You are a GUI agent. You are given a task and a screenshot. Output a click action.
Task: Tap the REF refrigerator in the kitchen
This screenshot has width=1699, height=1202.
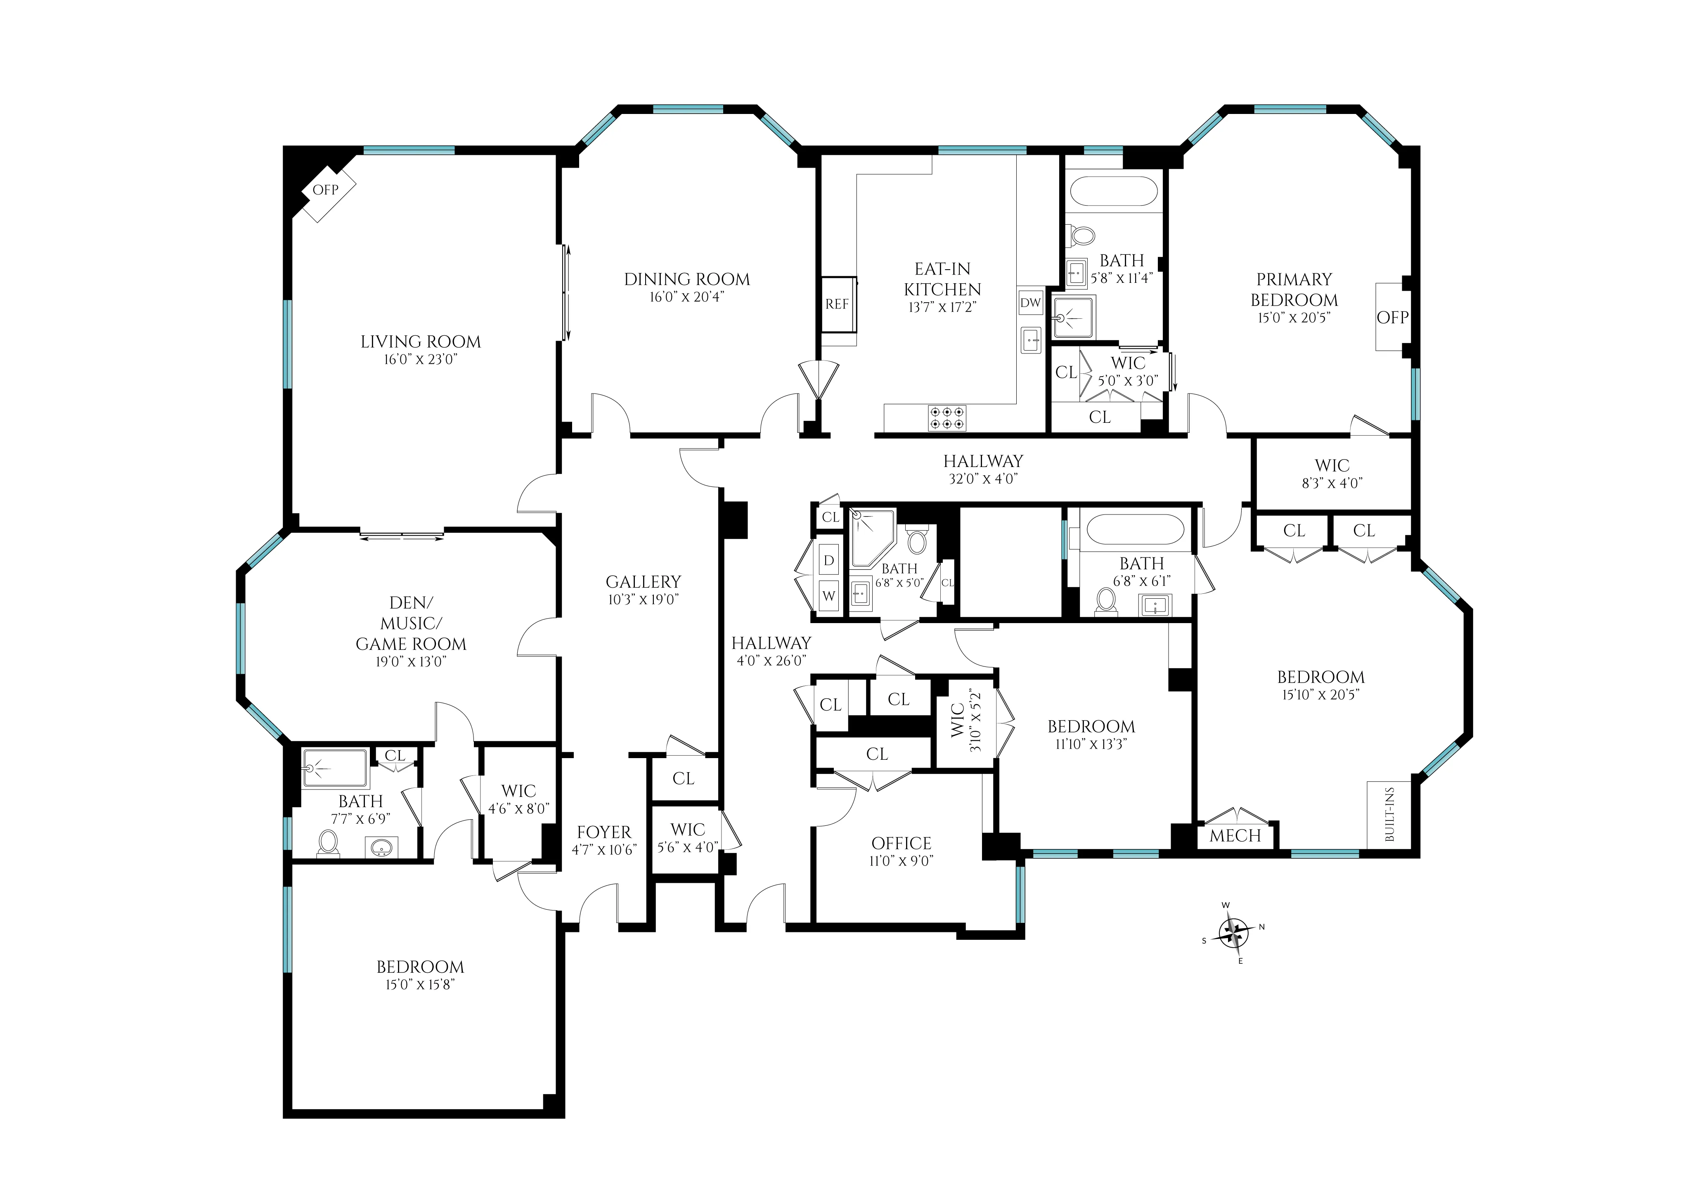[838, 304]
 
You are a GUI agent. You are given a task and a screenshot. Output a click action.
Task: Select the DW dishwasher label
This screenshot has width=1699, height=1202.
[1030, 302]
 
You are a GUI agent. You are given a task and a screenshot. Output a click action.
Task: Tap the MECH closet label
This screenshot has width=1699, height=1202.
[1235, 836]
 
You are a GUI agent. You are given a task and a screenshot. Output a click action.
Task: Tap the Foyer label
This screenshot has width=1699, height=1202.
[604, 832]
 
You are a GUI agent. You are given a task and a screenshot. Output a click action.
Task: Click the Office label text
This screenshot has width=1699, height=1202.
[901, 843]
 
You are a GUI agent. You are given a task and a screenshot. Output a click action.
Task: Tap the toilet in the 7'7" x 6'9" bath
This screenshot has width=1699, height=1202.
[328, 843]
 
